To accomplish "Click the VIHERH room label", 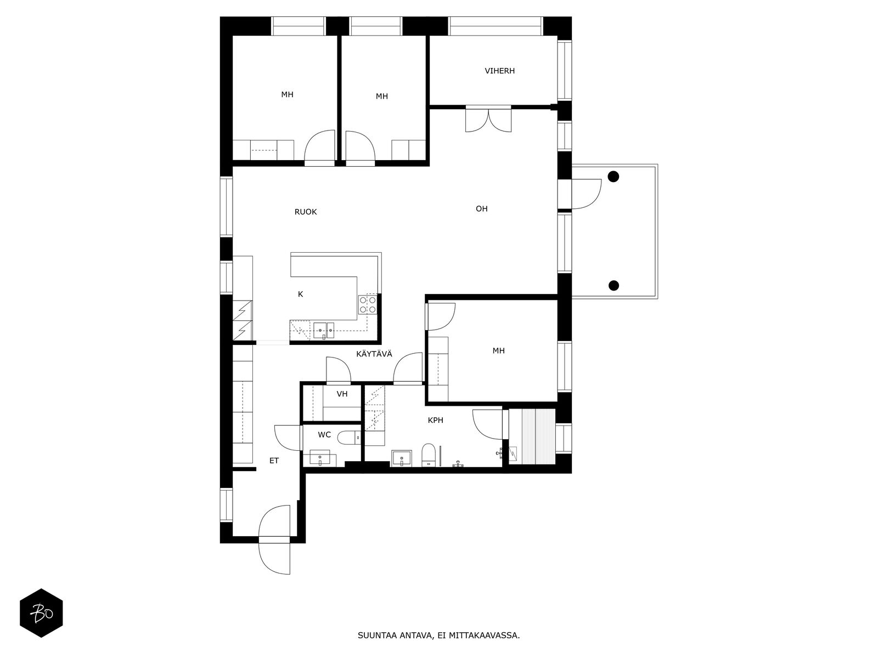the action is (x=499, y=71).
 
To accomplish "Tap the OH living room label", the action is (x=481, y=208).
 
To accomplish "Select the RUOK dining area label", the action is (x=305, y=212).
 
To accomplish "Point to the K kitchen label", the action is (x=300, y=294).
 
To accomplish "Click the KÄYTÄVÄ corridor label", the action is (x=374, y=354).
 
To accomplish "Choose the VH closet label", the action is (x=342, y=394).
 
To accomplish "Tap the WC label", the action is (x=324, y=435).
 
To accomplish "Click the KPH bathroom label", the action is (x=435, y=420).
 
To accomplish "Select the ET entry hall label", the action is (x=274, y=461).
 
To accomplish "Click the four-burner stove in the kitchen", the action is (x=368, y=304).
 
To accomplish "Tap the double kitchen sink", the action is (x=324, y=331).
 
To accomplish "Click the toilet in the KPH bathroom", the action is (x=428, y=455).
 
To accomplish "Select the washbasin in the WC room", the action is (x=320, y=458).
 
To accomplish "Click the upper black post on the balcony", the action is (x=613, y=177).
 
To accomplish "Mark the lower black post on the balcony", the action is (x=613, y=285).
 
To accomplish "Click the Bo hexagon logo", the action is (x=41, y=613).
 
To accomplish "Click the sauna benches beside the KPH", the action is (x=532, y=436).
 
